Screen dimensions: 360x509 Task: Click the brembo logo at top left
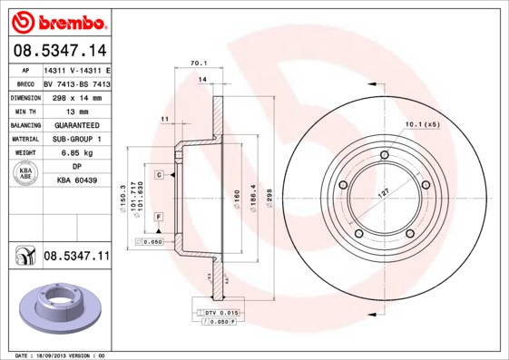58,21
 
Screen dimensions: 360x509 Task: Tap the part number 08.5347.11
75,258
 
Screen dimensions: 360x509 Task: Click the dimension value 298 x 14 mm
76,95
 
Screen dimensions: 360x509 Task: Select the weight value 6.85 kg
76,153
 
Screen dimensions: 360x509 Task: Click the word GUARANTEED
76,124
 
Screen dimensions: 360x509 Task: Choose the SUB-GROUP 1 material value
76,139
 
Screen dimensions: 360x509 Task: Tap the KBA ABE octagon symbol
25,174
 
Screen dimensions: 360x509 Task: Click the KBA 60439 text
76,181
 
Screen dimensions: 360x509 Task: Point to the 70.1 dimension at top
194,63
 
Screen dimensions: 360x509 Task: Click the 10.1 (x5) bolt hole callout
421,123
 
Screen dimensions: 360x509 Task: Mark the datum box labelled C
158,174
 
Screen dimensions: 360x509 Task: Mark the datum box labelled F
158,218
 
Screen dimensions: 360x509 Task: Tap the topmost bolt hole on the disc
385,155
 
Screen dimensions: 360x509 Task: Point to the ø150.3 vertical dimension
121,196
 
